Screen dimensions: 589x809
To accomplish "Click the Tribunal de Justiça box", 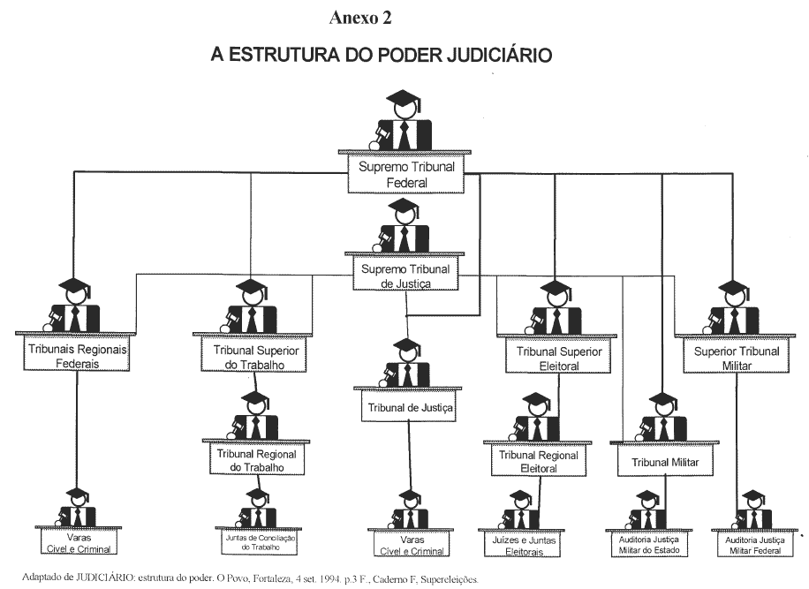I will pos(409,408).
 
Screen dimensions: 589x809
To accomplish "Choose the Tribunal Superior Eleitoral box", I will pos(555,358).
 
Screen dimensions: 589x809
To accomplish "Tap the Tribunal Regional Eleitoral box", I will pos(539,462).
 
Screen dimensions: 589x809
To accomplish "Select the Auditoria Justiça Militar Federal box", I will pos(753,545).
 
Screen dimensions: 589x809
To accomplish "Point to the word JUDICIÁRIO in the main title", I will pos(492,55).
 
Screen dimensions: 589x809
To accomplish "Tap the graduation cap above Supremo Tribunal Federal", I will pos(404,99).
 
